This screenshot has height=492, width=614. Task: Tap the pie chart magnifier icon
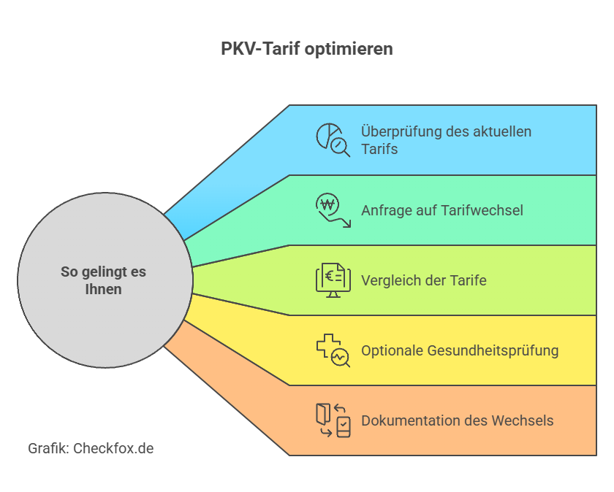coord(333,139)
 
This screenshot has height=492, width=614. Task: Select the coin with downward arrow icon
coord(333,210)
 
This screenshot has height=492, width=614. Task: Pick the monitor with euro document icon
coord(333,280)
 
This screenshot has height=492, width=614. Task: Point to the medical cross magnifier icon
coord(333,350)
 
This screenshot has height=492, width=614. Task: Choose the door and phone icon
coord(333,420)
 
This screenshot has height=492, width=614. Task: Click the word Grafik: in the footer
coord(48,448)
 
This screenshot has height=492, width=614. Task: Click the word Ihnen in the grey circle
coord(102,289)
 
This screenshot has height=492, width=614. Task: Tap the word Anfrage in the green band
coord(387,210)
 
